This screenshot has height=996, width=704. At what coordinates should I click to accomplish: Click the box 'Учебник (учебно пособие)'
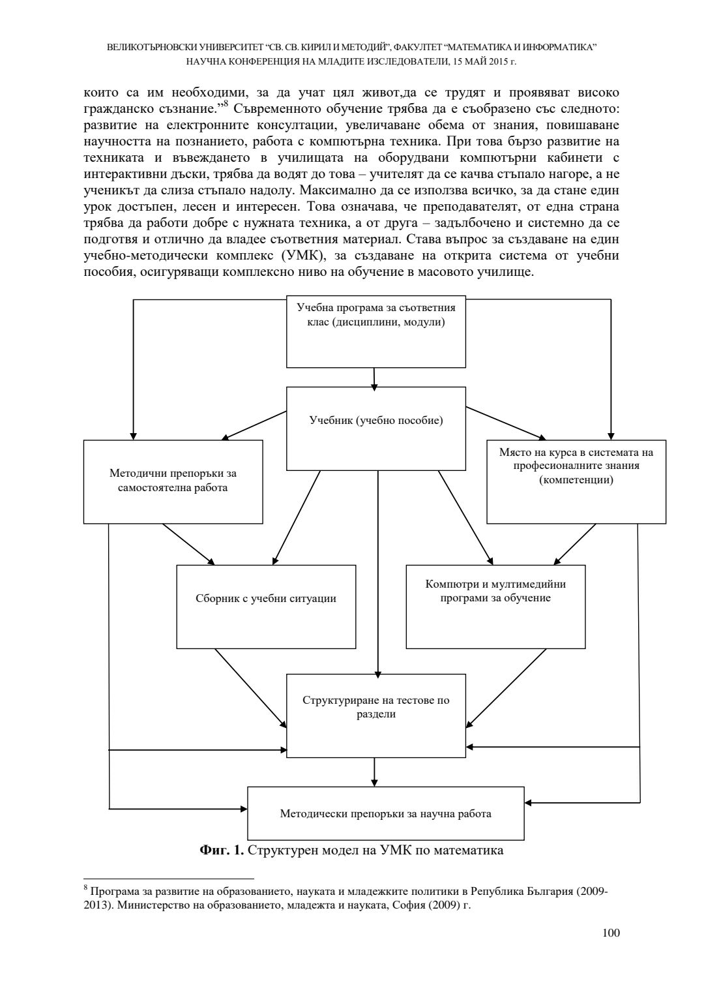tap(376, 428)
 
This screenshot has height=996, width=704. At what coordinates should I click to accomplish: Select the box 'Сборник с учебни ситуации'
tap(266, 606)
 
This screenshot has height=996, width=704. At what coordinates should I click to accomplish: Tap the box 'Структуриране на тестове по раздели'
tap(376, 715)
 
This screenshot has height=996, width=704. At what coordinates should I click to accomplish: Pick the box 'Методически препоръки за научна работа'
tap(385, 813)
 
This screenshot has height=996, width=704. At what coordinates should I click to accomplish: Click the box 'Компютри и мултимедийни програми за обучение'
tap(495, 606)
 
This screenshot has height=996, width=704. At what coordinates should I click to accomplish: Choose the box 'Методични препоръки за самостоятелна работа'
tap(173, 481)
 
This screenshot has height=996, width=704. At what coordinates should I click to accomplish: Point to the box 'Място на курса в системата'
tap(576, 481)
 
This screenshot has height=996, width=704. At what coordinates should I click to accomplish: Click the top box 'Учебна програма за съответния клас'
tap(376, 331)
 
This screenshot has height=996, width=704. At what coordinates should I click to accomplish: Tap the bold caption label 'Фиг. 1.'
tap(222, 851)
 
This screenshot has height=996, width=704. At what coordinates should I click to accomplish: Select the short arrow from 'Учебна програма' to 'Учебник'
tap(374, 377)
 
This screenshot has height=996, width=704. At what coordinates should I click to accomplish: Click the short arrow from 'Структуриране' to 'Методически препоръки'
tap(374, 772)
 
